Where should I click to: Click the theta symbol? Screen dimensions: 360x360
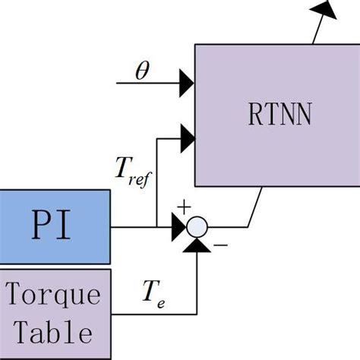(142, 71)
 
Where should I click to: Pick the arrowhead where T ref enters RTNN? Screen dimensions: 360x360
(187, 137)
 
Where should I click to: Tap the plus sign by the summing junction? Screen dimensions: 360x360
(182, 207)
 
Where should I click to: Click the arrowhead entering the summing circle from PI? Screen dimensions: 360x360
(178, 226)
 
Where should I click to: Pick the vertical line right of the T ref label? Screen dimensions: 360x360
(156, 182)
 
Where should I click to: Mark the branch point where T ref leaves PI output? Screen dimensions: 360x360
(156, 226)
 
